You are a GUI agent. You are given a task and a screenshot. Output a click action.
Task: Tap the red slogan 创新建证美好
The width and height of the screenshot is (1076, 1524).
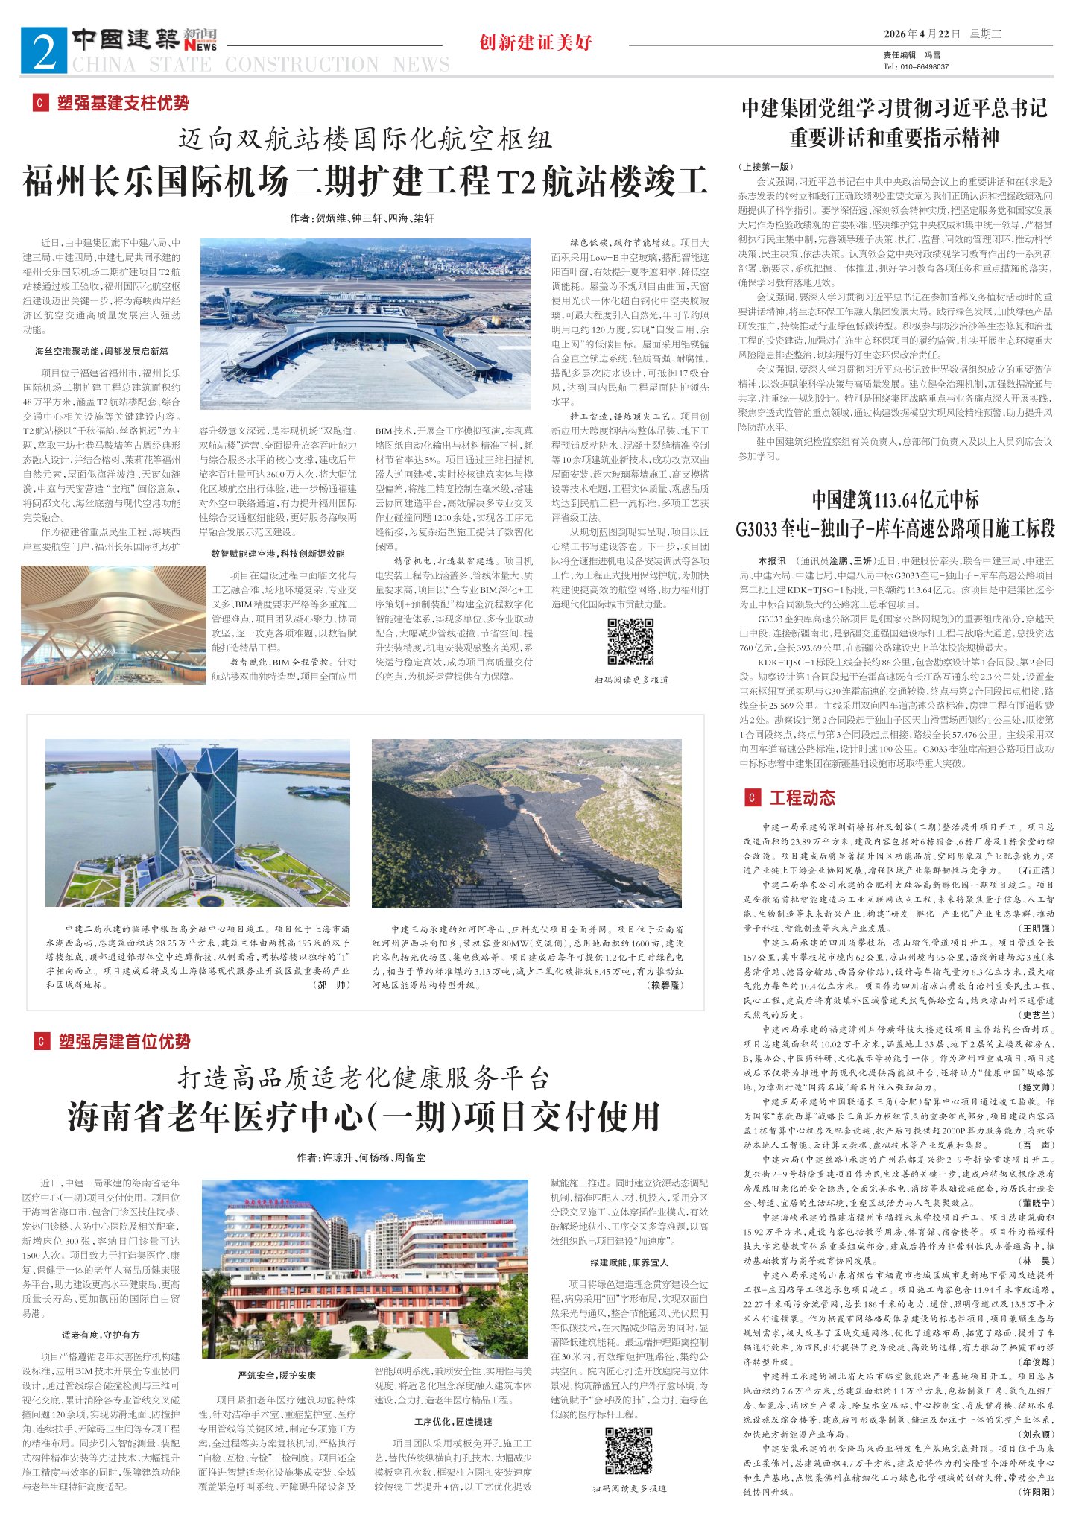tap(536, 42)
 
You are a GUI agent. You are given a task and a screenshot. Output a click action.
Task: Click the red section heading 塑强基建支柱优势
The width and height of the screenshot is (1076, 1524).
tap(123, 103)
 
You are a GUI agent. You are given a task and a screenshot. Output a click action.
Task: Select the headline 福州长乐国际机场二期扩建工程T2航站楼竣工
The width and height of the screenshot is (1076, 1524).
tap(364, 182)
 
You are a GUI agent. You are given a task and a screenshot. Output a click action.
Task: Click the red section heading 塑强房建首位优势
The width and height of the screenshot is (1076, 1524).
tap(124, 1041)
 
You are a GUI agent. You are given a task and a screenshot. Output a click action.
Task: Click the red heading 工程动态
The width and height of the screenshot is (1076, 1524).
tap(802, 798)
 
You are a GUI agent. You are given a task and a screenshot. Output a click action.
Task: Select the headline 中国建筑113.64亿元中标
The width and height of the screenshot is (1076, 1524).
tap(895, 500)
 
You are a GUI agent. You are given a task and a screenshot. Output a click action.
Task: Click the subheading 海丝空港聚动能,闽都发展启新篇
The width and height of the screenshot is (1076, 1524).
tap(101, 351)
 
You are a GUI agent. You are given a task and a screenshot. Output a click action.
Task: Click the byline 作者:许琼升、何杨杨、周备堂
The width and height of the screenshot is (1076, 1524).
tap(361, 1157)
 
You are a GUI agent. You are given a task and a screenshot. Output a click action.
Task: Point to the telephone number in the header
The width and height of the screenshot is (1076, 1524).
tap(916, 66)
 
